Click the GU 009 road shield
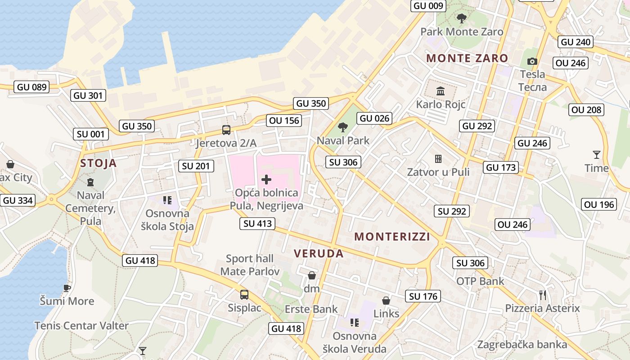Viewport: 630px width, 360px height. pos(429,6)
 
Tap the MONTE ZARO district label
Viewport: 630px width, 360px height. pos(467,58)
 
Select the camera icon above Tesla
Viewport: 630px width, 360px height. pos(532,61)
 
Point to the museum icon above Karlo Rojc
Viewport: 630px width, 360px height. pos(441,91)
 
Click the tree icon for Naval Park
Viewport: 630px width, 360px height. pos(343,127)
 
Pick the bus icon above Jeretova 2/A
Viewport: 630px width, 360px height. pos(226,130)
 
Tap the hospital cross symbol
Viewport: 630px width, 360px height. pos(266,180)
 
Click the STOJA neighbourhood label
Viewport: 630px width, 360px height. pos(99,163)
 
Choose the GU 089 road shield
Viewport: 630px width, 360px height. pos(31,87)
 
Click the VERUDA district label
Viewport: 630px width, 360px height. pos(319,253)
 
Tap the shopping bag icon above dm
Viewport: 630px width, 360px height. pos(311,275)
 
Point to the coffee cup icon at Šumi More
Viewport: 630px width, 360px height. pos(67,288)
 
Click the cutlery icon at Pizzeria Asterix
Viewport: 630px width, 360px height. pos(543,295)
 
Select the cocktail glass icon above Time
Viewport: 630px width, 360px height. pos(597,155)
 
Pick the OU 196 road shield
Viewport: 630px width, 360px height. pos(599,205)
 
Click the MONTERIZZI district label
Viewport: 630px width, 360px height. pos(392,237)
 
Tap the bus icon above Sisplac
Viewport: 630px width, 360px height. pos(244,295)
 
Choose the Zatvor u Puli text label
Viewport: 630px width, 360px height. pos(438,172)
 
